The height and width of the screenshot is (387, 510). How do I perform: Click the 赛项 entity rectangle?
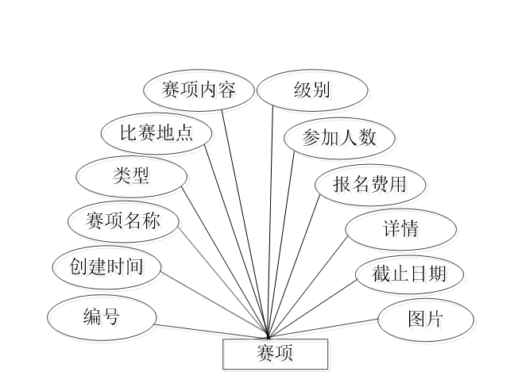275,354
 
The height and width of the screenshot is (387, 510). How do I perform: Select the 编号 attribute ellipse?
102,317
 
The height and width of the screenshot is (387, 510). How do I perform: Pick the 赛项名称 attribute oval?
123,220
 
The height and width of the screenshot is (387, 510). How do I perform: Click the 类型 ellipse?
131,176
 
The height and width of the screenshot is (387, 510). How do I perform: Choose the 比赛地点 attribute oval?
157,132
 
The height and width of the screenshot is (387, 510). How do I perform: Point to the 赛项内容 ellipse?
199,90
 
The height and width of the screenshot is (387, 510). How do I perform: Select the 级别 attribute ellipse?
312,90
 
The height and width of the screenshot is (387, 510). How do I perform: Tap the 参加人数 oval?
339,137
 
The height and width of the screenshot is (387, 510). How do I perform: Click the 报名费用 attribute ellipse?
371,184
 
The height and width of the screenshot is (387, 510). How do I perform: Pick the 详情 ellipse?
401,230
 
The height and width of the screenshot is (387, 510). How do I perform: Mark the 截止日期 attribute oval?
409,274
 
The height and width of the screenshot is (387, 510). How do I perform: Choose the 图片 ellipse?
425,319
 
